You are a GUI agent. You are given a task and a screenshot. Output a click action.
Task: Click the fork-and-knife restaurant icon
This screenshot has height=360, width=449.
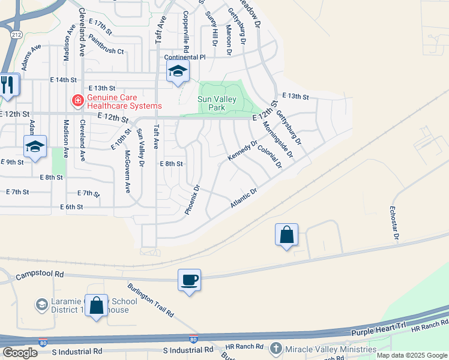[8, 85]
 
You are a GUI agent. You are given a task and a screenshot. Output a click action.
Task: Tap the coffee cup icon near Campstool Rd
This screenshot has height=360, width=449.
[189, 280]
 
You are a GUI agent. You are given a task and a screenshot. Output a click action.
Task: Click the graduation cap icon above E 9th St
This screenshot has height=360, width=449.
[35, 146]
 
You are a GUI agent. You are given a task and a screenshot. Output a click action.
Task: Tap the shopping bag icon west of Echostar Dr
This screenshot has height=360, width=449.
[287, 235]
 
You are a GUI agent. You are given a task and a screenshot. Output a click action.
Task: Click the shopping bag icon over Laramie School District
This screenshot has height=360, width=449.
[96, 305]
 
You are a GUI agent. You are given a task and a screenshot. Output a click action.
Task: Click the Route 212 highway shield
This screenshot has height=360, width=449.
[14, 35]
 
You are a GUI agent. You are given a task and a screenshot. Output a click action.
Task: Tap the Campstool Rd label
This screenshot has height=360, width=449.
[41, 274]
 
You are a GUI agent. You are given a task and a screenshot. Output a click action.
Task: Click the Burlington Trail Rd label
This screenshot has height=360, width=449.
[151, 299]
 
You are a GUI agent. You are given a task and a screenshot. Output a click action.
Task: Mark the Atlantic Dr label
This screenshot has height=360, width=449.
[244, 199]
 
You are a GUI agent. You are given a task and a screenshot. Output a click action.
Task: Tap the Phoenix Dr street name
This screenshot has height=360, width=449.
[191, 200]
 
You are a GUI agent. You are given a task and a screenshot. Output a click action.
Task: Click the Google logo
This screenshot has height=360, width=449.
[20, 352]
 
